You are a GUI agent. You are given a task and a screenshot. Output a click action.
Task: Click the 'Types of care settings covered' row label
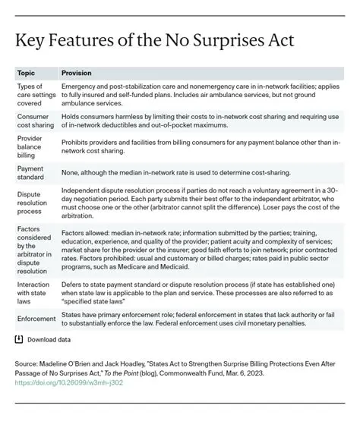(x=34, y=96)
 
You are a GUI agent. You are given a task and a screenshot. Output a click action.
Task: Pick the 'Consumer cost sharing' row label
(x=34, y=121)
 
